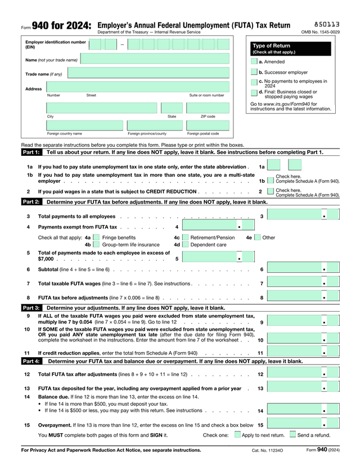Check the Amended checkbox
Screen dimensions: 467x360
253,61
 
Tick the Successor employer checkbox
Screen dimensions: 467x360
253,72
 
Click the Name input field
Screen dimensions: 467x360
155,59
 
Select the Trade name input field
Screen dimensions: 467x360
148,73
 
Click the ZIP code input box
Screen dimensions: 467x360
208,108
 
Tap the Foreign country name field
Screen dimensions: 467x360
84,125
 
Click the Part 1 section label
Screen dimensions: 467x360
31,152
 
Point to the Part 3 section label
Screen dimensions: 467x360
31,308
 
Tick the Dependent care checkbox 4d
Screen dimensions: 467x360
184,245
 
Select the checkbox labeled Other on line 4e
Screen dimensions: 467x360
257,237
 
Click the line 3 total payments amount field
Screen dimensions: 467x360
304,216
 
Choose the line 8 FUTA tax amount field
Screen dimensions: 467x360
304,297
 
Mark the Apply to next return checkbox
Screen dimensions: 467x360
237,435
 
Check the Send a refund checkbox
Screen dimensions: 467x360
292,435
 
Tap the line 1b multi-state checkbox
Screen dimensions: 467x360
271,181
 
